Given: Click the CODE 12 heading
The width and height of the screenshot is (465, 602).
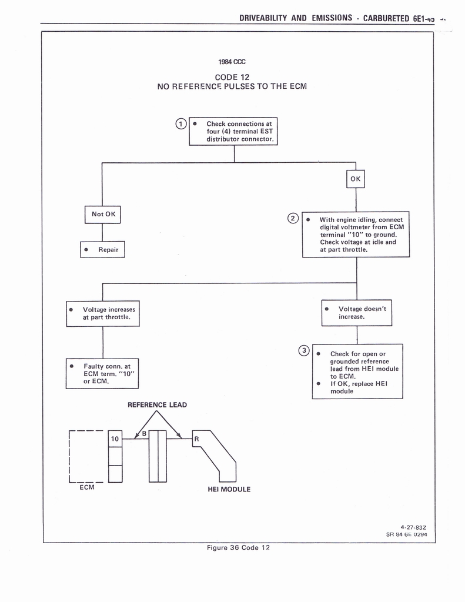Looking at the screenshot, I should point(232,77).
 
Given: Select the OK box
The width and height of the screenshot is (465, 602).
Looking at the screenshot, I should point(356,179).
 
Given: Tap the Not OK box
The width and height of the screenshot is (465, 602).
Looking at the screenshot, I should point(103,214).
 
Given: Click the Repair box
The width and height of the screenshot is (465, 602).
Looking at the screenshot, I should point(103,249).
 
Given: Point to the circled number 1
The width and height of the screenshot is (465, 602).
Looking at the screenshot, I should point(182,123).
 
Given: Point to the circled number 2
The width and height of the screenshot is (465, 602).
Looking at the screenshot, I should point(292,218).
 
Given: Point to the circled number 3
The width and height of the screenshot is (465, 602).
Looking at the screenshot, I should point(304,351).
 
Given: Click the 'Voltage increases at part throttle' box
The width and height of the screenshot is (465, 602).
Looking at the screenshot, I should point(103,313).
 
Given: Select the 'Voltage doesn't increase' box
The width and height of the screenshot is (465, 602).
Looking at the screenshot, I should point(356,313).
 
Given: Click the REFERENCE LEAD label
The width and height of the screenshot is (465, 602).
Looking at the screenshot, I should point(157,404).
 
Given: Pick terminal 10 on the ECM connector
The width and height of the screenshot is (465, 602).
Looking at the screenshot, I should point(115,439).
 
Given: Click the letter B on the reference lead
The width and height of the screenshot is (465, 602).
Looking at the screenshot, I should point(143,434).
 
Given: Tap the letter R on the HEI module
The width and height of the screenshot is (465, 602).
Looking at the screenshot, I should point(196,439).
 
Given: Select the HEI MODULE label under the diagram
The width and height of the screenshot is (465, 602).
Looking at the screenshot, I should point(229,489).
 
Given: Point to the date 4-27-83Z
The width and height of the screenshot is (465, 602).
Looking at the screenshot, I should point(413,527).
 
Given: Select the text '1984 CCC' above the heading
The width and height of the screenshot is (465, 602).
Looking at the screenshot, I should point(232,62).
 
